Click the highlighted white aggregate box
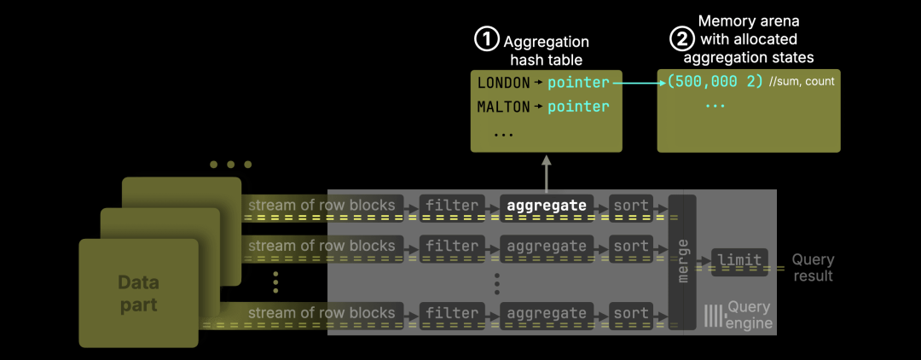pyautogui.click(x=546, y=206)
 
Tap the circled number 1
pyautogui.click(x=486, y=39)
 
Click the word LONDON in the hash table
pyautogui.click(x=503, y=83)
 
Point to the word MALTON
pyautogui.click(x=503, y=107)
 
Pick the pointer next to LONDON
pyautogui.click(x=578, y=83)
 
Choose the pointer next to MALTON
pyautogui.click(x=578, y=107)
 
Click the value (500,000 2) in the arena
pyautogui.click(x=715, y=83)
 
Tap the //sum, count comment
pyautogui.click(x=801, y=83)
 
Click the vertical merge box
pyautogui.click(x=682, y=261)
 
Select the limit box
pyautogui.click(x=739, y=260)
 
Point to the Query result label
pyautogui.click(x=813, y=268)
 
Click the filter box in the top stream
pyautogui.click(x=452, y=206)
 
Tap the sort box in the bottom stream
pyautogui.click(x=631, y=313)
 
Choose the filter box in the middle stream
pyautogui.click(x=452, y=247)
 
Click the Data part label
pyautogui.click(x=138, y=292)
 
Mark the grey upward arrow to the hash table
pyautogui.click(x=546, y=171)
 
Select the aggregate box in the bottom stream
pyautogui.click(x=546, y=313)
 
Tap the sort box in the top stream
pyautogui.click(x=631, y=206)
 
